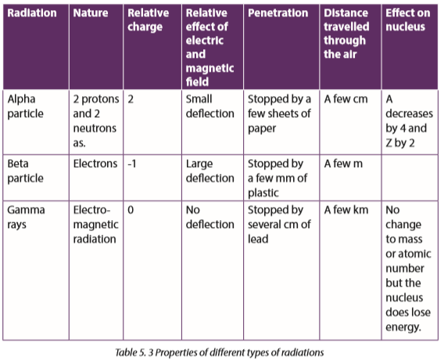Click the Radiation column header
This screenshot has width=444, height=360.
(32, 13)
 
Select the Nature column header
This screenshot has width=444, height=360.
(91, 13)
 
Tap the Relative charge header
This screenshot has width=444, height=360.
(148, 20)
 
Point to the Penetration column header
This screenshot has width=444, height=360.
(278, 13)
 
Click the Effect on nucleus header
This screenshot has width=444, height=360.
(408, 20)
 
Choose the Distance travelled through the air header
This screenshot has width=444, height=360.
(346, 34)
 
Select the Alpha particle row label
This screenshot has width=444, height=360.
(26, 106)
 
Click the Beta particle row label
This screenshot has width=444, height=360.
(26, 171)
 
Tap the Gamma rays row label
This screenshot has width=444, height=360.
(26, 217)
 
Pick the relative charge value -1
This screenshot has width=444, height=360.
(132, 164)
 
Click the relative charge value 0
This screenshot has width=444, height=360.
(131, 210)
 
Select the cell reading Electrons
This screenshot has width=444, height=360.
(95, 164)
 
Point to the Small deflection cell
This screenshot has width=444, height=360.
(210, 106)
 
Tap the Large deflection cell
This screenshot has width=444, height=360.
(210, 171)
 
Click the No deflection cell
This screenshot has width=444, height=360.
(210, 217)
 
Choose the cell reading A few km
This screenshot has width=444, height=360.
(346, 210)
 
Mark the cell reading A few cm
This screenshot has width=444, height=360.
(346, 99)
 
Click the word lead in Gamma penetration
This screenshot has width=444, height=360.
(258, 239)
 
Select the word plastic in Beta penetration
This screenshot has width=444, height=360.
(263, 193)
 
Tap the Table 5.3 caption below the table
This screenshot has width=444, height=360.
(220, 353)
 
